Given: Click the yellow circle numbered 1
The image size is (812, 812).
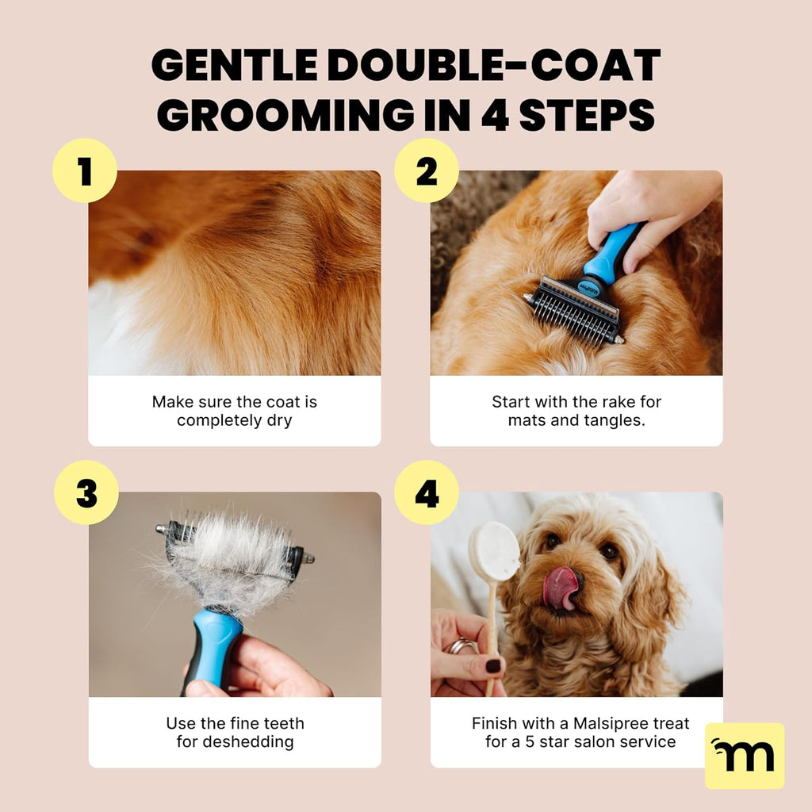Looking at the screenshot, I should (x=85, y=170).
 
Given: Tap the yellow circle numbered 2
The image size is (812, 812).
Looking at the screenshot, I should (x=427, y=170).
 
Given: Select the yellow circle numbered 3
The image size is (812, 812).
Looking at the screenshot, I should (x=86, y=492).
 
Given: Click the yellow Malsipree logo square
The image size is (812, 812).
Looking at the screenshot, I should (x=744, y=755).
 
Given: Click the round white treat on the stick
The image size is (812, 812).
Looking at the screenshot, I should (x=493, y=552).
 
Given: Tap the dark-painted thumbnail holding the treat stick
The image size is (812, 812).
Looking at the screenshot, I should (x=492, y=666).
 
